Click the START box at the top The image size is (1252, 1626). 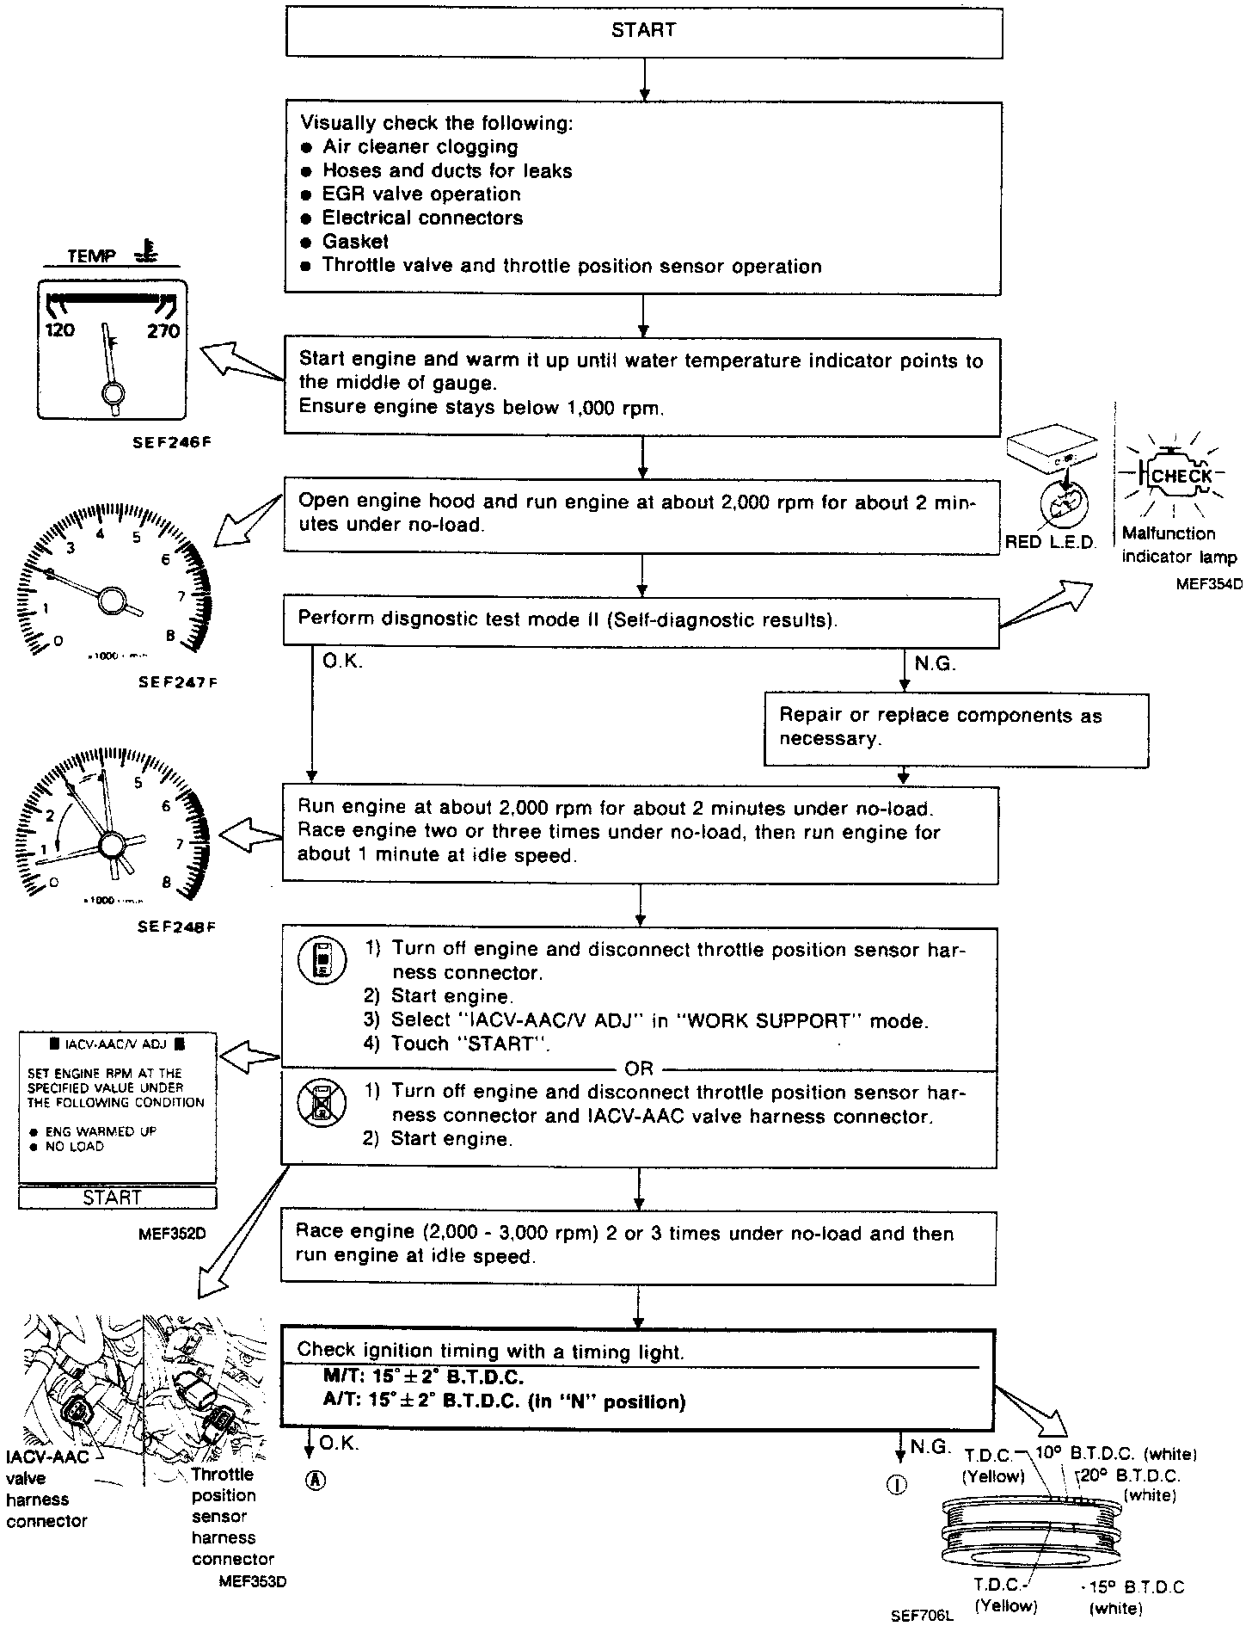(643, 30)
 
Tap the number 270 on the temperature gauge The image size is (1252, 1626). (163, 331)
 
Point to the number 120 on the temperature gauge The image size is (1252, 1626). (59, 330)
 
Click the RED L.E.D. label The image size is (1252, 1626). (1051, 542)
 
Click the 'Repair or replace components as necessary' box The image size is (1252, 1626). (956, 728)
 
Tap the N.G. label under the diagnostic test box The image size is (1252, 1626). (935, 663)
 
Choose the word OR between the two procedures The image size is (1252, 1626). (639, 1069)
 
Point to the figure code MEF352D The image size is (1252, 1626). (172, 1233)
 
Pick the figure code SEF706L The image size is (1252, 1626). (923, 1616)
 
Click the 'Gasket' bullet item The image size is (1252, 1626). (355, 242)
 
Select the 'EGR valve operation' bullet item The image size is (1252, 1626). (421, 194)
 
